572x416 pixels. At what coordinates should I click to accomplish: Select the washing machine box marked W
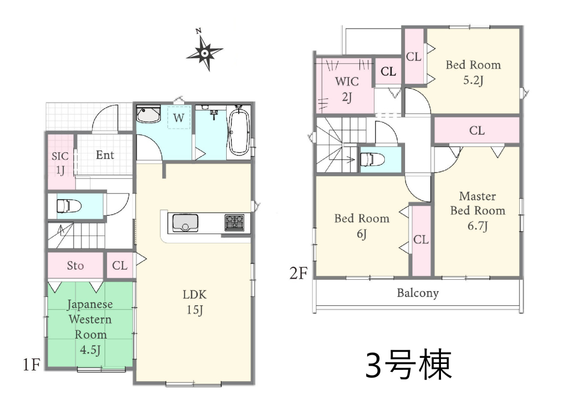(179, 118)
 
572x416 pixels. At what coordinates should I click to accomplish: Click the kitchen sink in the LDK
(185, 223)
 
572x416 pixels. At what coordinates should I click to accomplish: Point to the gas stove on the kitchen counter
(235, 223)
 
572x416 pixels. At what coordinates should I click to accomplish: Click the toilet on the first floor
(69, 206)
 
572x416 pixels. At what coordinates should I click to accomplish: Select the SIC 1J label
(60, 163)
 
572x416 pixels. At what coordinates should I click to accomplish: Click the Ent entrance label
(105, 155)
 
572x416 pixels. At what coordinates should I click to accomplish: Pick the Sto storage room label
(75, 266)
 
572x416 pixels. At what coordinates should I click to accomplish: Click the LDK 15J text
(195, 302)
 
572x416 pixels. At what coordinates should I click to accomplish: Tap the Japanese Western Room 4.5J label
(90, 327)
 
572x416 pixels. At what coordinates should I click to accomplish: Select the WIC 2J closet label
(347, 89)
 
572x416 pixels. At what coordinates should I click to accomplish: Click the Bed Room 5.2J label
(473, 72)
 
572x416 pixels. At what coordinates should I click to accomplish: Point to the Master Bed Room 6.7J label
(478, 211)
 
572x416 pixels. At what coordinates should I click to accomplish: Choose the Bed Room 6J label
(362, 226)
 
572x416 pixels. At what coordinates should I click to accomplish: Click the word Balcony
(418, 293)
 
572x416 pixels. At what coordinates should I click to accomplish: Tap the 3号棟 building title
(409, 365)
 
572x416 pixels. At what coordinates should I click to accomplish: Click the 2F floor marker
(298, 274)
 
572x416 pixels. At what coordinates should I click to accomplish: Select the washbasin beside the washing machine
(149, 114)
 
